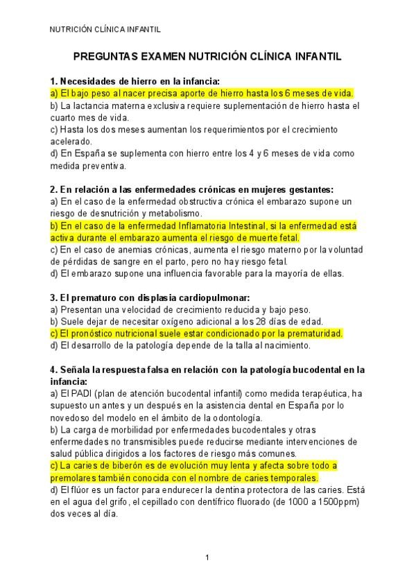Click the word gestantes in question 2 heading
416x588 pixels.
(310, 189)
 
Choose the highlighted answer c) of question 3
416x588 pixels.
(196, 333)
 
